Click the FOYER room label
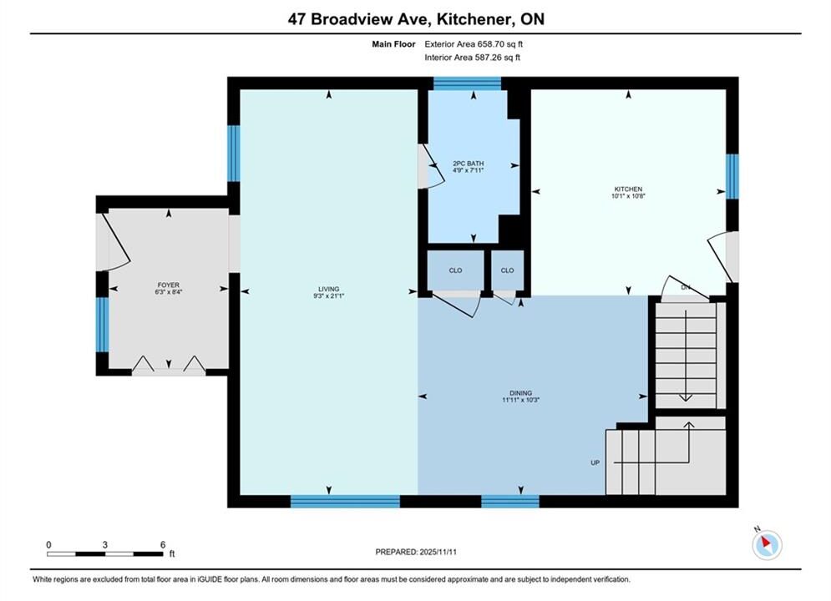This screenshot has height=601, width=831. tap(169, 285)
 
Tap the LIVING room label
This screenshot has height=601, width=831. tap(328, 289)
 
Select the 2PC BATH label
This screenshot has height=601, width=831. tap(468, 164)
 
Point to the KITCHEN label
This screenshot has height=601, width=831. tap(628, 189)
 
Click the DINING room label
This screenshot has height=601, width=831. tap(520, 393)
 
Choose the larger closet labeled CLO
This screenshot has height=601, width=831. tap(455, 270)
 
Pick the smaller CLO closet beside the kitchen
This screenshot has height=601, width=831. tap(507, 270)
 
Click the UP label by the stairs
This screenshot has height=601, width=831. tap(595, 462)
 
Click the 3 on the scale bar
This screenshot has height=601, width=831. tap(105, 544)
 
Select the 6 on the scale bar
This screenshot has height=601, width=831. tap(163, 544)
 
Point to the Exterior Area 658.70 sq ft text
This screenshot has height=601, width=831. tap(474, 44)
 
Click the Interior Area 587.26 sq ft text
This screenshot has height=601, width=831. tap(472, 58)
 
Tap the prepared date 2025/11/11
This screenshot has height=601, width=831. tap(438, 552)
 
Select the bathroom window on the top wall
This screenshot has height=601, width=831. tap(467, 83)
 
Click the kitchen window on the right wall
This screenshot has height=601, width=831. tap(732, 176)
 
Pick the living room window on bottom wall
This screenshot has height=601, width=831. tap(345, 501)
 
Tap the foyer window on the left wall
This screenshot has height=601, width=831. tap(102, 325)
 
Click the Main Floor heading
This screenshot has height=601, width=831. tap(393, 44)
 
